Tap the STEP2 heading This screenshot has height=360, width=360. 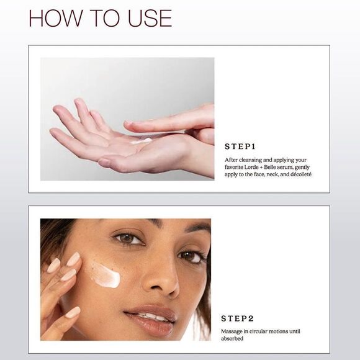click(x=239, y=318)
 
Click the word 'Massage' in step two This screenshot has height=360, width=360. click(x=233, y=331)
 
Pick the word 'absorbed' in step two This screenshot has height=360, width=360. click(x=232, y=338)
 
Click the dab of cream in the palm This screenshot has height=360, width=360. click(x=142, y=141)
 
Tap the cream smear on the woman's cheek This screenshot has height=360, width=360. click(x=106, y=275)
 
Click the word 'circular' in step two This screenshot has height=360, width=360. click(x=261, y=331)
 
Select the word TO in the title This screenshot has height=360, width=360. click(x=101, y=17)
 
